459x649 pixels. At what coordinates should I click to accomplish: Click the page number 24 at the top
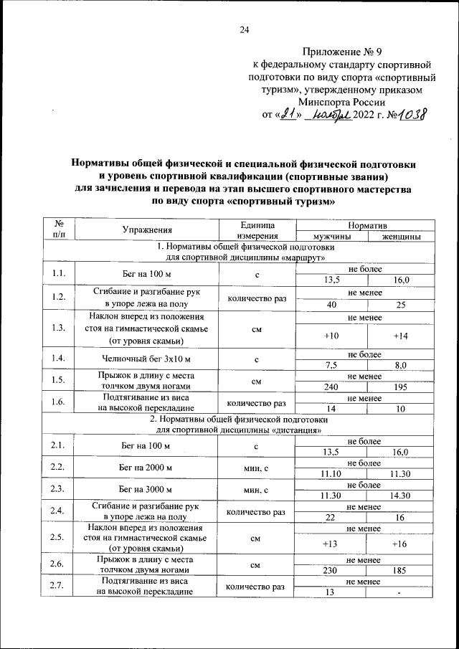244,29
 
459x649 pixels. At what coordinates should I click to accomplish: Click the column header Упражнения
146,230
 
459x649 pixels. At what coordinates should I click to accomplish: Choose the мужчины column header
331,236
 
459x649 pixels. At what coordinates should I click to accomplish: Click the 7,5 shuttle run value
331,365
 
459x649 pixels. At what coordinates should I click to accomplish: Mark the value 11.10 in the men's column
331,474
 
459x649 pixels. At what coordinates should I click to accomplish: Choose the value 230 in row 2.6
331,571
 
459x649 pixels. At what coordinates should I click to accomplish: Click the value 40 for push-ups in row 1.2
331,306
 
